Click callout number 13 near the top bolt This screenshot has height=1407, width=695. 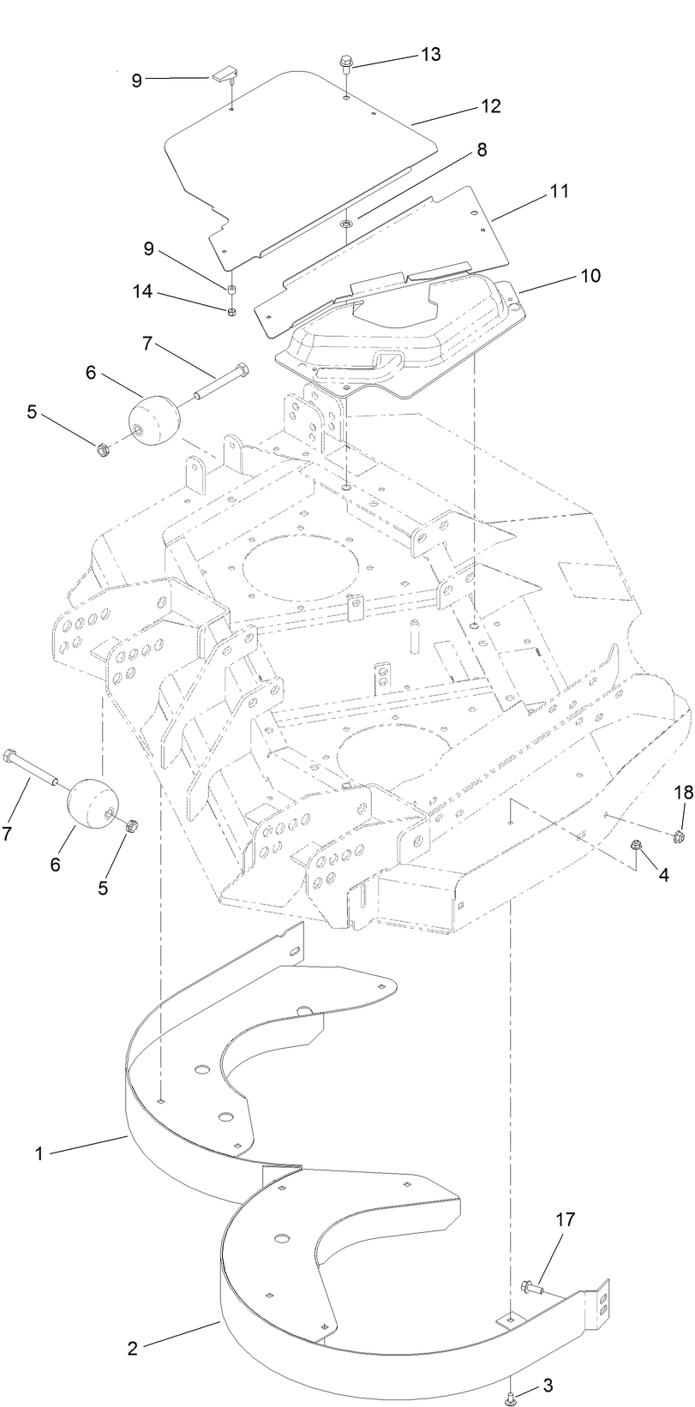tap(430, 54)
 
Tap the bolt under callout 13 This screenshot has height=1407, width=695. tap(346, 63)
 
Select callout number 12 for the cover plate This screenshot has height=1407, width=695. tap(490, 106)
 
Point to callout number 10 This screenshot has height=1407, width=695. tap(590, 276)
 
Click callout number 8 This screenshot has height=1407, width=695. tap(482, 149)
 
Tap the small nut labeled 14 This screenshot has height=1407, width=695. tap(231, 311)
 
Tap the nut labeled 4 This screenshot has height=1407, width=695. tap(637, 847)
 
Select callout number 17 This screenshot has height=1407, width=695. tap(566, 1218)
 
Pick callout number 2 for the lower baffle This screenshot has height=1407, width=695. tap(132, 1348)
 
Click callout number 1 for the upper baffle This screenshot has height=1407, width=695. tap(39, 1154)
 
